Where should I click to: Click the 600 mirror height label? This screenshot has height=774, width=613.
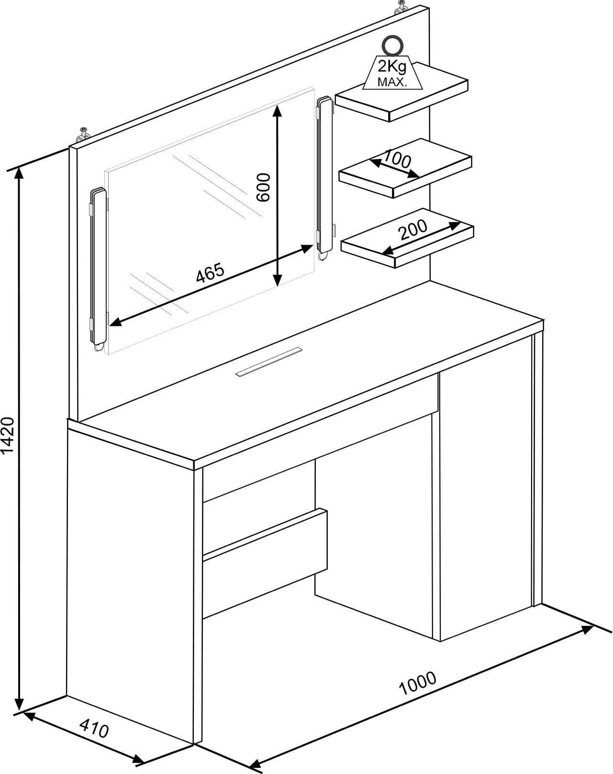point(263,187)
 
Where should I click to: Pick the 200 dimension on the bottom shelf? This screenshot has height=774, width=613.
point(413,229)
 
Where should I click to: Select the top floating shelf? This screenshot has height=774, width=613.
point(401,92)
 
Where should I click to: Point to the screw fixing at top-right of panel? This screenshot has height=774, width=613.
point(401,7)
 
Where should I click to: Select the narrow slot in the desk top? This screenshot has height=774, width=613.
point(269,362)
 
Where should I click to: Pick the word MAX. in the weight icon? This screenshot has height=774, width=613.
point(392,82)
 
